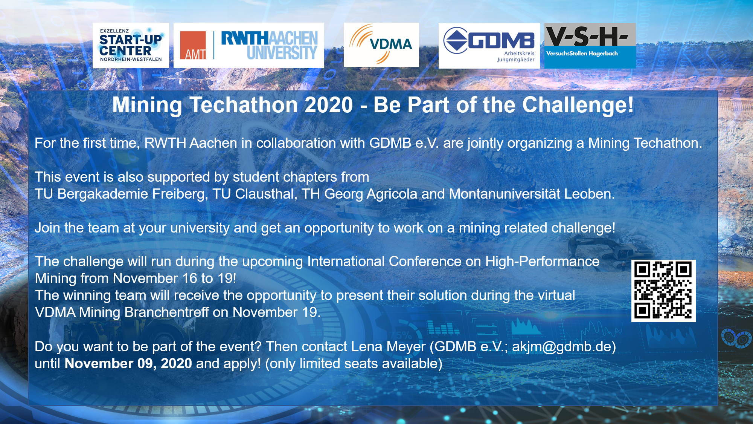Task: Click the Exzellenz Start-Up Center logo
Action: (131, 45)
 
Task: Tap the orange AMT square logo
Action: (193, 45)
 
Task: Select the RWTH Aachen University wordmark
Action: (269, 45)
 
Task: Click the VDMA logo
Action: (381, 45)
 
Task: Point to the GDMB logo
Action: (489, 46)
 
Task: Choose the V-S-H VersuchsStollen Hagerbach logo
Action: (590, 46)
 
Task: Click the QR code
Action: (663, 291)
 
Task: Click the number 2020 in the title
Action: (329, 105)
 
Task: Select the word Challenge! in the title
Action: (578, 106)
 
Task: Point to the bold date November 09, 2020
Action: (128, 364)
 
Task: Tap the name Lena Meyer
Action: (388, 347)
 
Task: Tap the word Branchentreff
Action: (167, 312)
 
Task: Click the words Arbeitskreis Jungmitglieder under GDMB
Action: (515, 57)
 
